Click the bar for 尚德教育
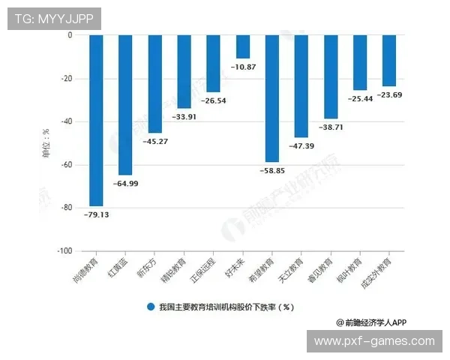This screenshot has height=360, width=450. [96, 120]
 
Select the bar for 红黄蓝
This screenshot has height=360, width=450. [125, 105]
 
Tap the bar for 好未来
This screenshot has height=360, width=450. [243, 46]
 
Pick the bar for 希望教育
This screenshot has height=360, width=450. [272, 98]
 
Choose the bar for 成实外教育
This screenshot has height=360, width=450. [389, 61]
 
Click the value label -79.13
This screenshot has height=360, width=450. [96, 214]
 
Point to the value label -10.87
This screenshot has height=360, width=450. [243, 67]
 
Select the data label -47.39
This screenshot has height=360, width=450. [301, 145]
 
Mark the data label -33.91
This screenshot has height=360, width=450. [184, 116]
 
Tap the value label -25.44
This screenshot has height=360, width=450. [360, 98]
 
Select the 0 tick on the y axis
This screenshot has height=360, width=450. [69, 35]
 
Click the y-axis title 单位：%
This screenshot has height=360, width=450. [46, 142]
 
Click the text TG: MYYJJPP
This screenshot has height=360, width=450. [54, 18]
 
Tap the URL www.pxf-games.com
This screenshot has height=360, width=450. [374, 341]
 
